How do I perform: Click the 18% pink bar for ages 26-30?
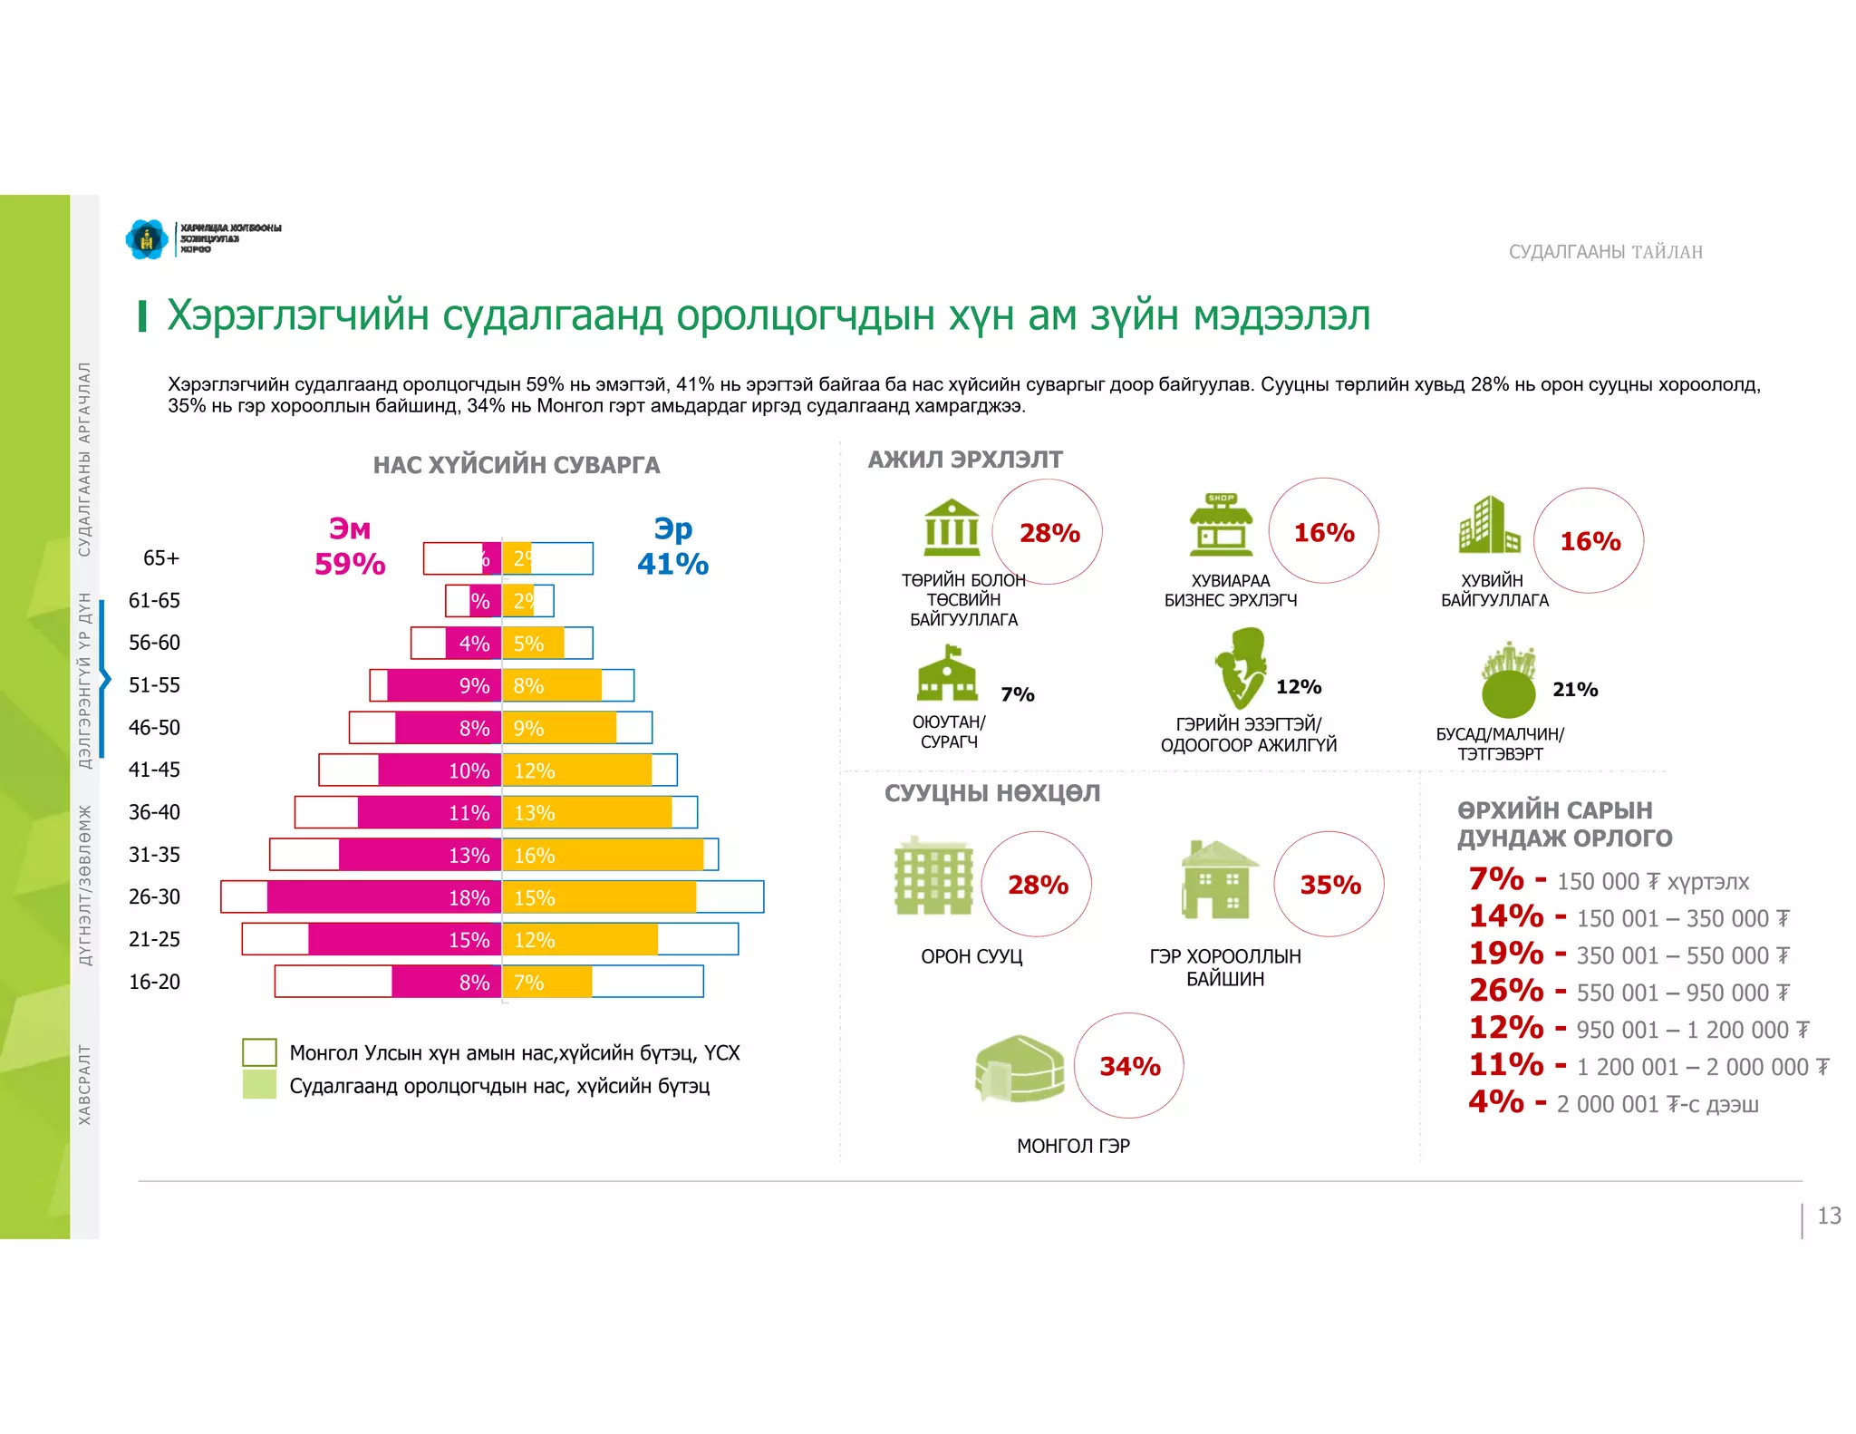pos(384,897)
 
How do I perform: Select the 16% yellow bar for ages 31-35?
pos(603,855)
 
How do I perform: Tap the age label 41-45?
pos(154,770)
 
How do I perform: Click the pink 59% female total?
pos(350,564)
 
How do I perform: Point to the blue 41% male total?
pos(672,564)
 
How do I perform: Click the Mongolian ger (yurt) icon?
pos(1019,1068)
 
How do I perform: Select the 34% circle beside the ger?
pos(1129,1066)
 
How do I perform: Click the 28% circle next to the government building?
pos(1049,533)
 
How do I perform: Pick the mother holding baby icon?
pos(1240,668)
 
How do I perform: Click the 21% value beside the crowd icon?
pos(1575,690)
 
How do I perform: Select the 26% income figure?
pos(1506,991)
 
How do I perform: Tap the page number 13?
pos(1829,1216)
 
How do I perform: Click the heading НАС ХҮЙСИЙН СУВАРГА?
pos(517,465)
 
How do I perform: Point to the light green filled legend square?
pos(259,1085)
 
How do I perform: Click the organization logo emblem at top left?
pos(147,239)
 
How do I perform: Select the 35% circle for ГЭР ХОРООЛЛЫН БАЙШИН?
pos(1329,885)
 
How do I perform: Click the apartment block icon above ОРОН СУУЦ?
pos(933,877)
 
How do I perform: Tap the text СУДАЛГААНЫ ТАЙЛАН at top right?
pos(1605,252)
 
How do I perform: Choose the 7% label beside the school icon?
pos(1017,694)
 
